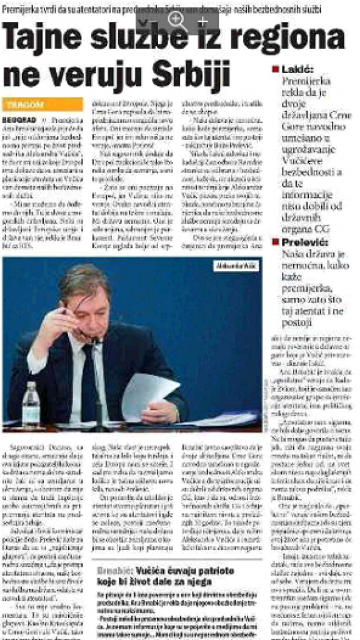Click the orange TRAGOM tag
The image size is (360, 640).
(x=25, y=104)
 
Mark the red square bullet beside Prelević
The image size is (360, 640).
(x=276, y=241)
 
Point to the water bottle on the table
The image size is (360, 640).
(x=31, y=404)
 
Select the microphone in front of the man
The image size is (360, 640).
(x=94, y=341)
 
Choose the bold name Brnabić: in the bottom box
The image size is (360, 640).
(x=114, y=569)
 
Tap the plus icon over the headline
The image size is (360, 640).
(x=202, y=21)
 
